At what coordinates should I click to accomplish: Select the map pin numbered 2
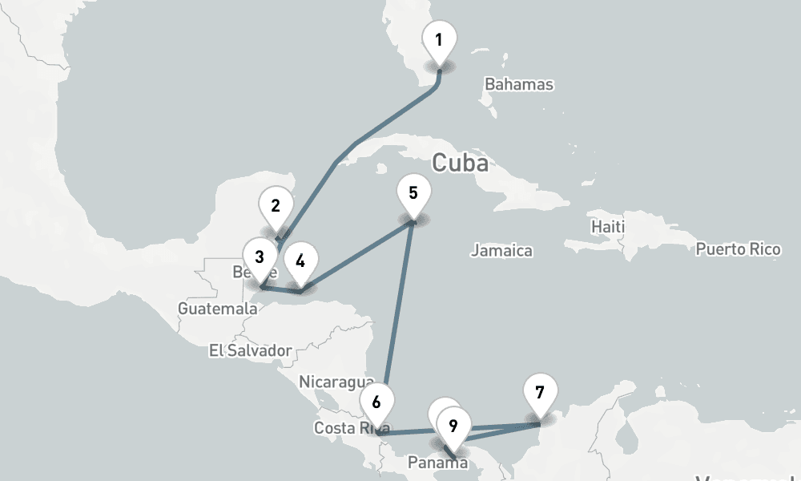276,206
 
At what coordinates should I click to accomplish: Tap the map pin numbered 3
260,257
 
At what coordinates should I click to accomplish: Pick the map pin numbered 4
300,261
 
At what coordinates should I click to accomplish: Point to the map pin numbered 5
413,193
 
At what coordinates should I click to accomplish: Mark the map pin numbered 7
540,393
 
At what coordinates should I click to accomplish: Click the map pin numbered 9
453,425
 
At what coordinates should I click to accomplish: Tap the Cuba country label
460,163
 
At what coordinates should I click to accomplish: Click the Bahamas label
519,84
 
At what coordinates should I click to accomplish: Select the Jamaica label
501,251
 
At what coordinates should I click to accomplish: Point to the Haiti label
607,227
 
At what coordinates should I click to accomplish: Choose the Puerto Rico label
738,249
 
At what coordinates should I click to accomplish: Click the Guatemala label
218,309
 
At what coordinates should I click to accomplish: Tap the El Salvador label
250,350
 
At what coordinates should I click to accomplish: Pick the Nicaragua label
336,381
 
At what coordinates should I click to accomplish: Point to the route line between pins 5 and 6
398,305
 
